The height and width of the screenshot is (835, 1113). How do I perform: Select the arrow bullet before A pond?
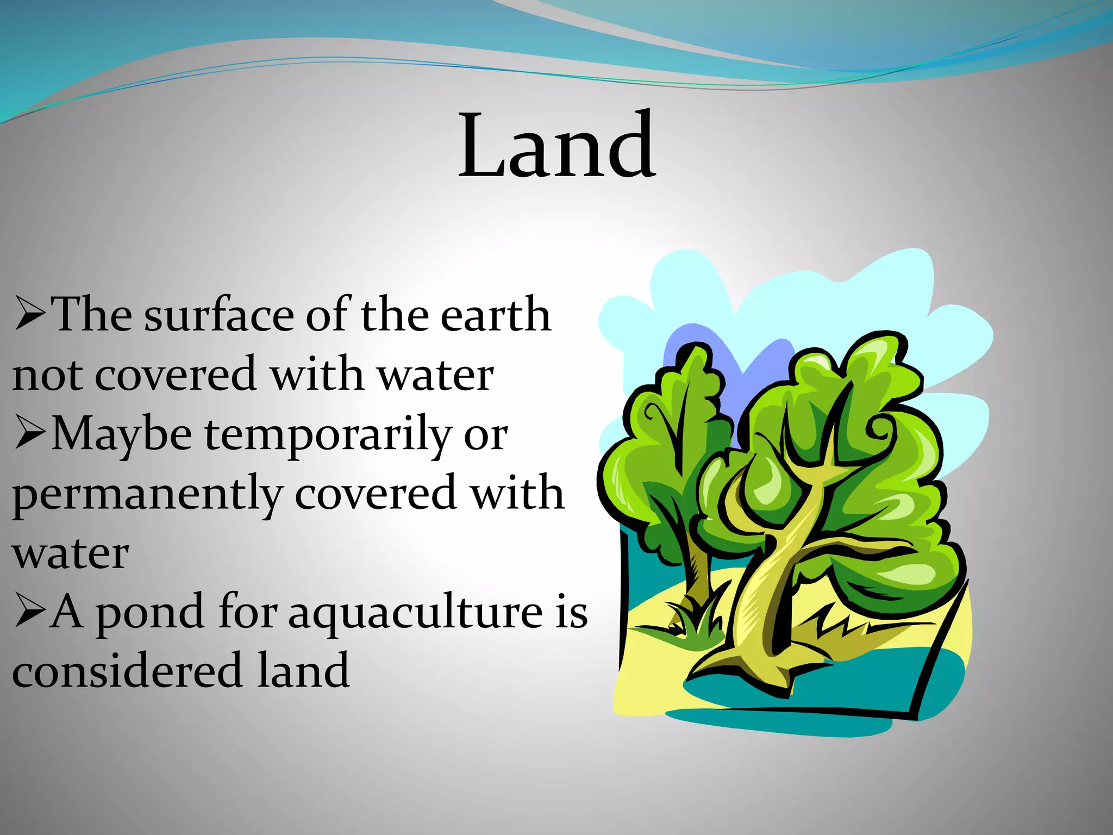click(x=30, y=611)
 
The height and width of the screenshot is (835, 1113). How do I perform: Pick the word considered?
click(x=127, y=671)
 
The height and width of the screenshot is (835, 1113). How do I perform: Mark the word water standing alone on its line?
click(x=71, y=554)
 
